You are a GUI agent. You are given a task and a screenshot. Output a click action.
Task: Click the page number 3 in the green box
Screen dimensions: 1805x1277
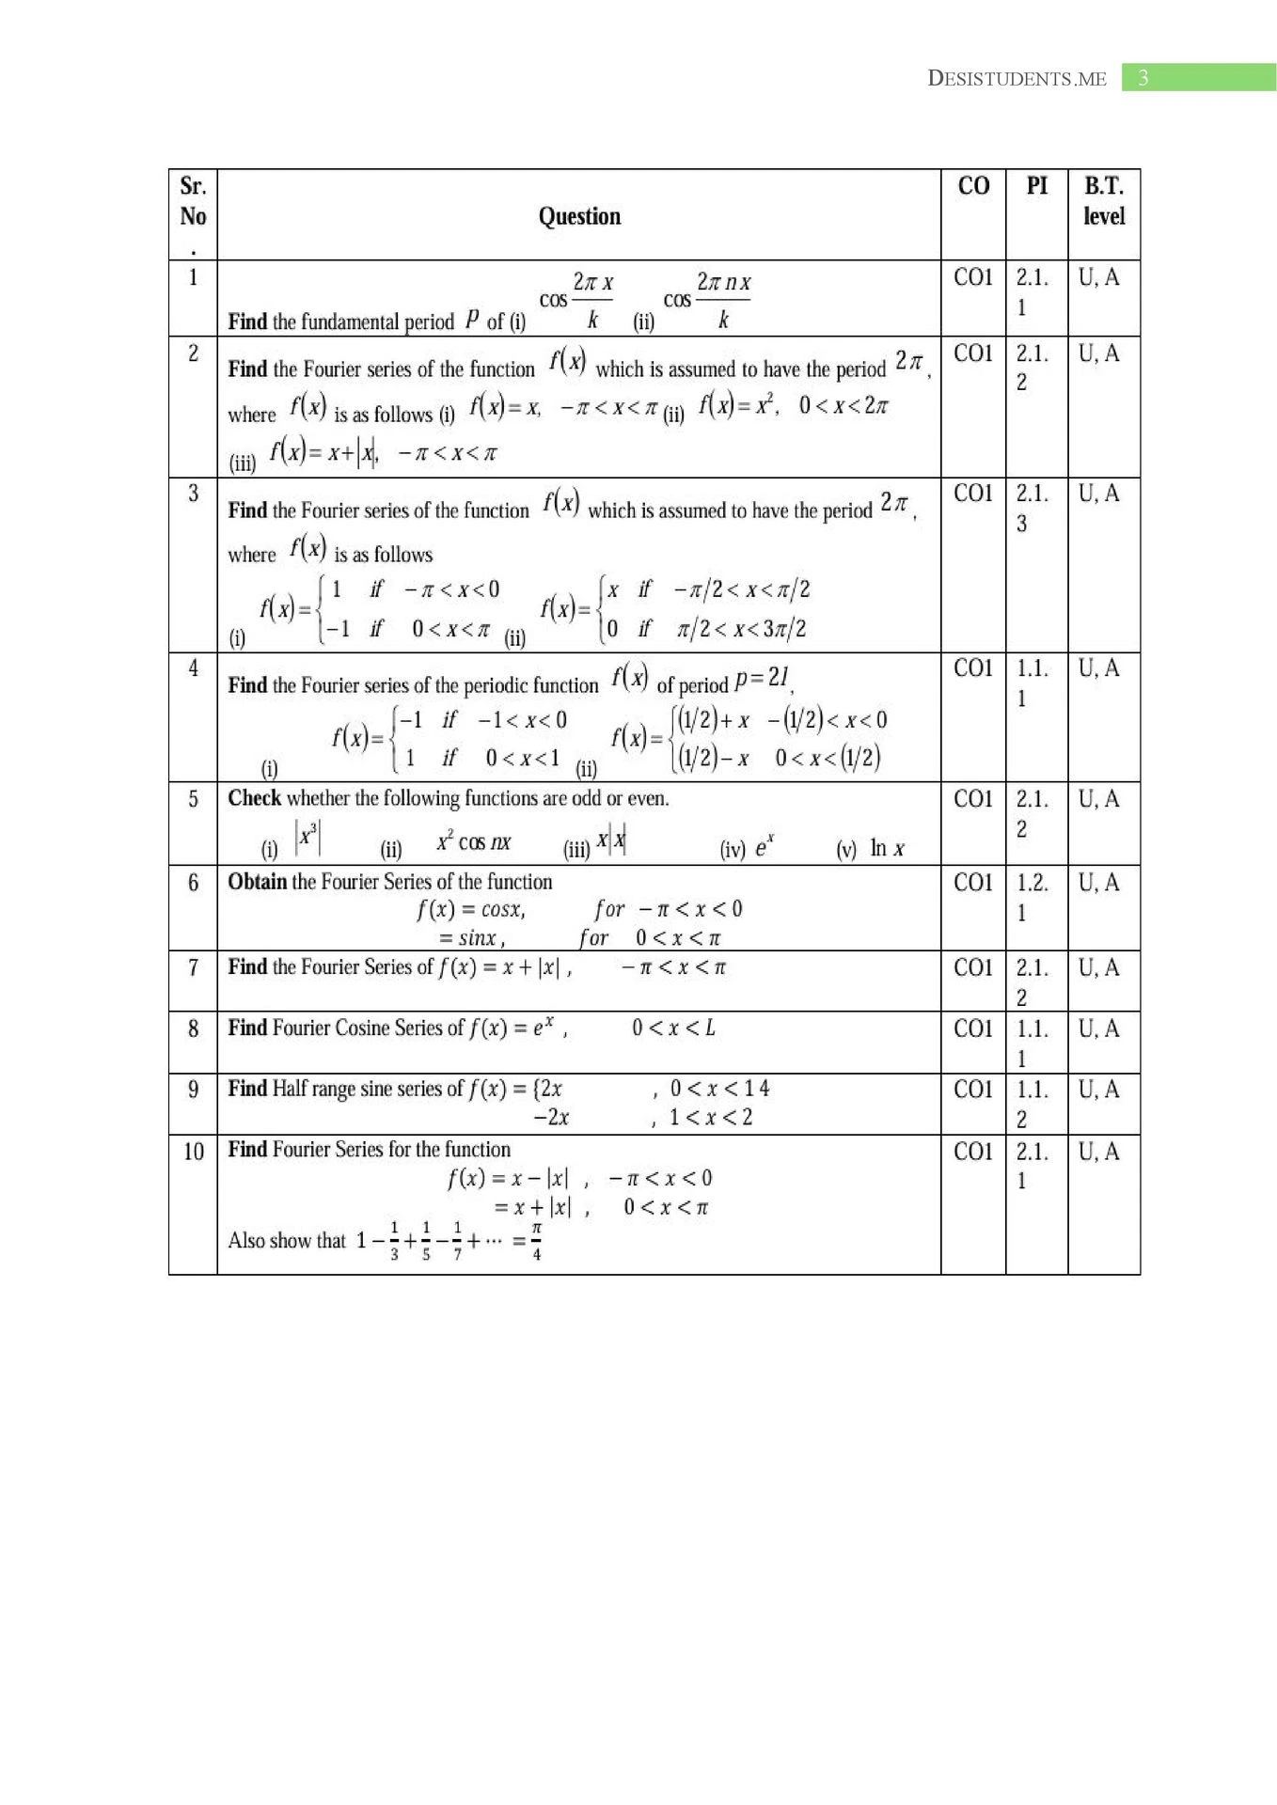click(x=1143, y=78)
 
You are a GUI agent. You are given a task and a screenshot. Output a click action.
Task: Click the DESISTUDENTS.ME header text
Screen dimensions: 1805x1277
click(x=1017, y=79)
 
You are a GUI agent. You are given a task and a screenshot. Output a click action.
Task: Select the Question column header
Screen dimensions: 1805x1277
click(x=579, y=216)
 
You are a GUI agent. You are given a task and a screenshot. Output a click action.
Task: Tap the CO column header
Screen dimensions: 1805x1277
click(x=973, y=186)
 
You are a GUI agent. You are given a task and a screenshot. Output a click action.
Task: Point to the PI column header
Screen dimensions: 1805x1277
click(x=1036, y=186)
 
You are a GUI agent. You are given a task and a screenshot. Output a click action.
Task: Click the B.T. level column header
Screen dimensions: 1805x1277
click(x=1104, y=200)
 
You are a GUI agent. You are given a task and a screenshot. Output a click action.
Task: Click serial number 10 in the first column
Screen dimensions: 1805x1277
click(x=193, y=1152)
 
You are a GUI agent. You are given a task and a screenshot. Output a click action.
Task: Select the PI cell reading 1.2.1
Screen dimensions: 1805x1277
click(x=1033, y=897)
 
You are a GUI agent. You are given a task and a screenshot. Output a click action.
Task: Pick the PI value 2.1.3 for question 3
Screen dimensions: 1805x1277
click(x=1033, y=508)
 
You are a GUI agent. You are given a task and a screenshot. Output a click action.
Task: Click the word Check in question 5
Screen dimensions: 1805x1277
click(x=254, y=798)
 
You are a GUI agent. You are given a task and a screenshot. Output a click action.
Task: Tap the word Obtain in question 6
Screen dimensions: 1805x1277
click(x=257, y=882)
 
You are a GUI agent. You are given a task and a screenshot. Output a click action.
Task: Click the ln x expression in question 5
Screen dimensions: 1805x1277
click(x=887, y=849)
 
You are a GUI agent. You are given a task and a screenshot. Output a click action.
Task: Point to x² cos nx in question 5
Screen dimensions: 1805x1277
click(x=473, y=841)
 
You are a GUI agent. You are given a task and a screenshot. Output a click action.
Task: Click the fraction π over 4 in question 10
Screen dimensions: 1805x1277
click(x=536, y=1241)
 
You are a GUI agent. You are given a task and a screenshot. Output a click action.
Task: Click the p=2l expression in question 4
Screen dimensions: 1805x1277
click(x=762, y=678)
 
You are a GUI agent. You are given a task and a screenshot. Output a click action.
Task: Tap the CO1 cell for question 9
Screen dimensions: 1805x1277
click(x=973, y=1090)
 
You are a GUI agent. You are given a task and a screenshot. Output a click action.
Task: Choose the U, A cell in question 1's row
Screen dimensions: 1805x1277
click(x=1099, y=277)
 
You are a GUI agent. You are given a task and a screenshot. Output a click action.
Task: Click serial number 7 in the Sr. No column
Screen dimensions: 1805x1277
click(x=193, y=967)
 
